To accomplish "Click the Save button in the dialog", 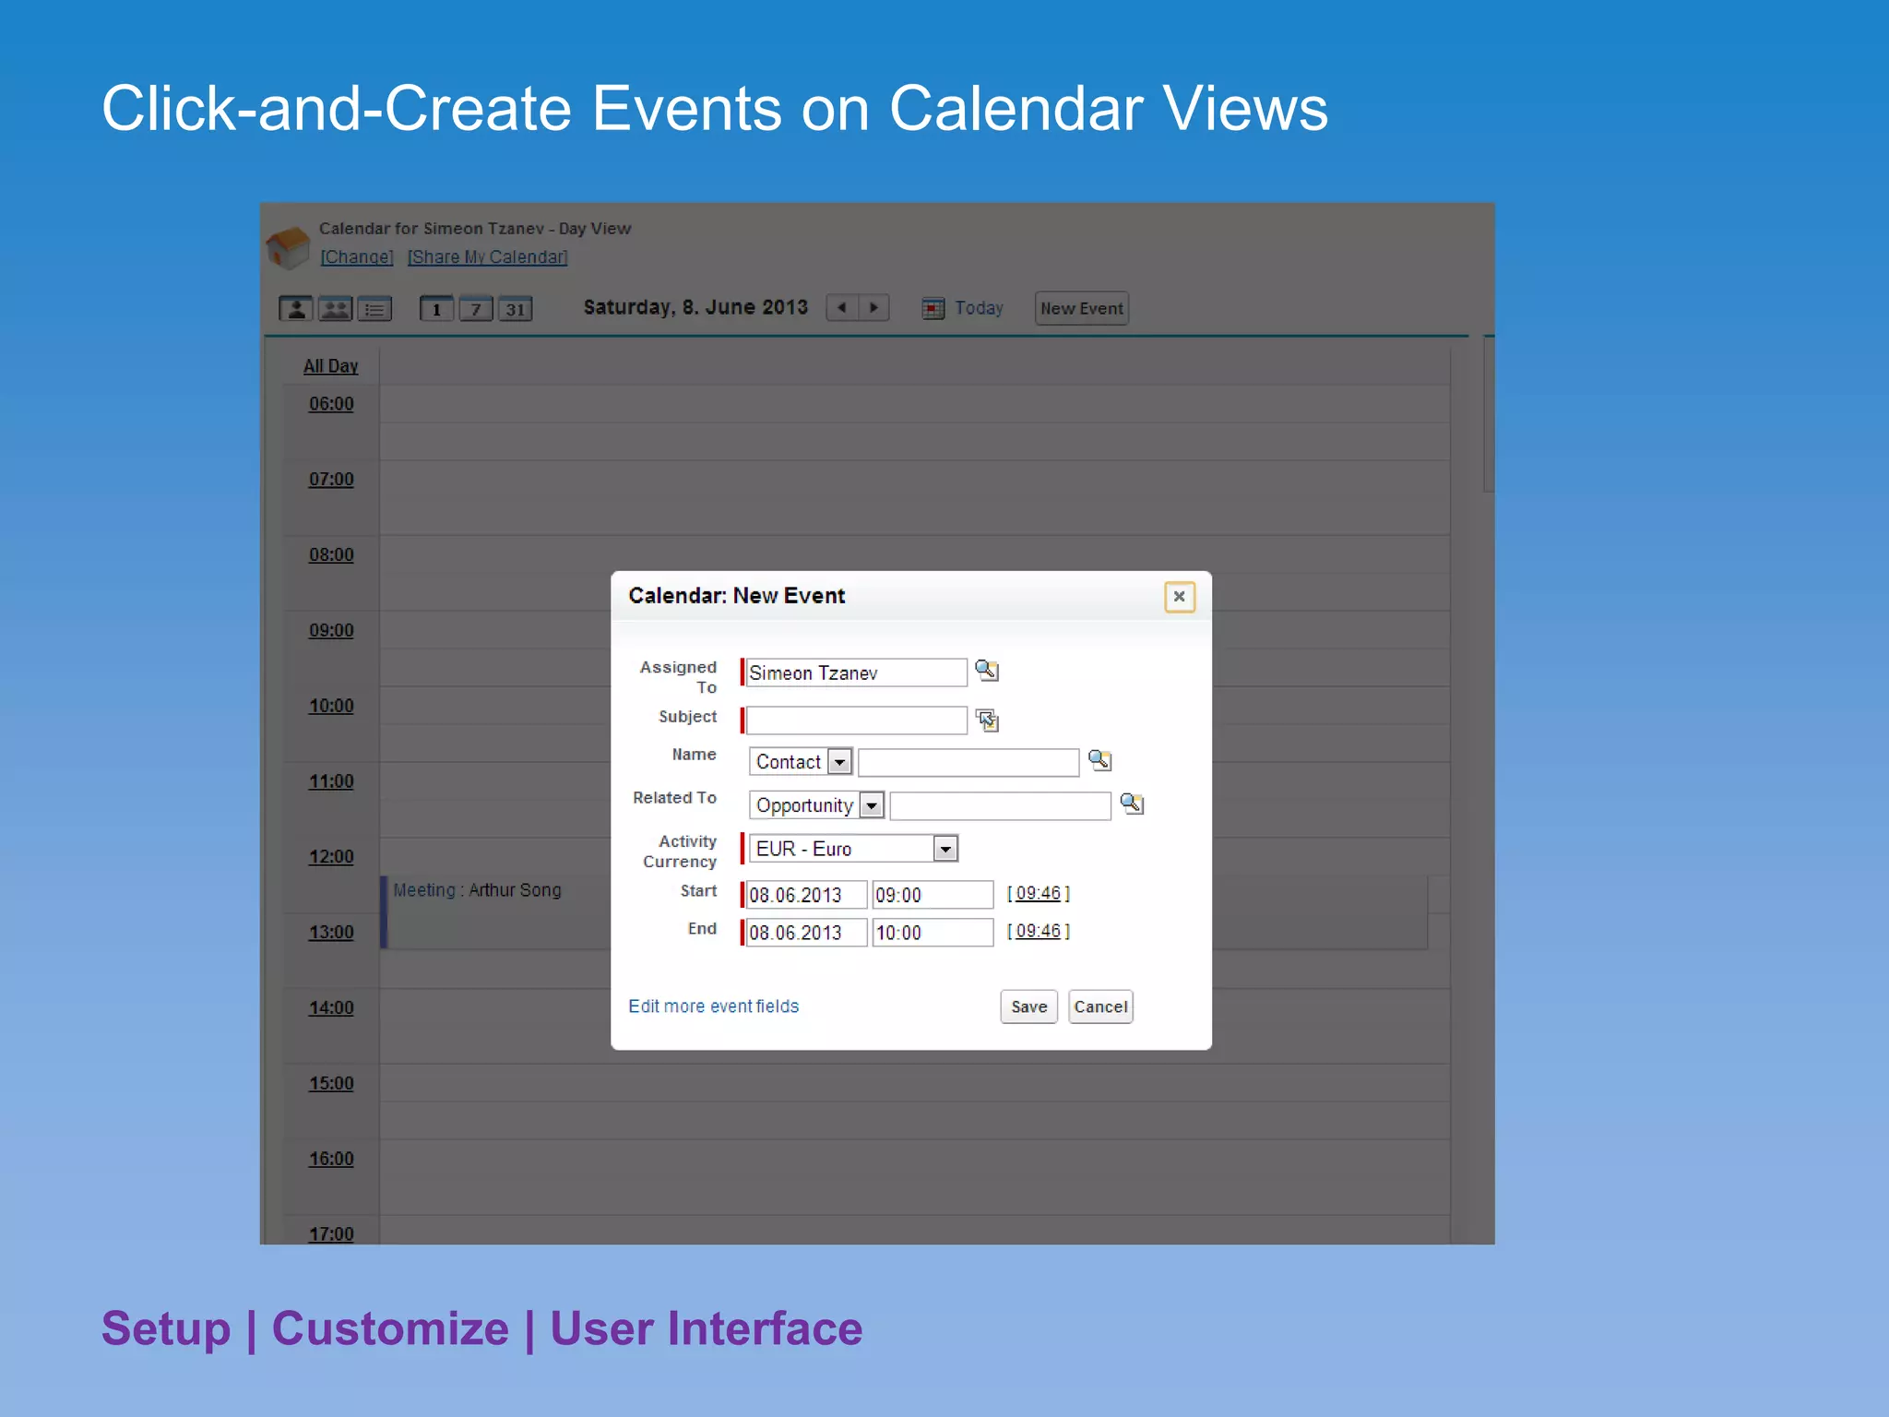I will click(1028, 1006).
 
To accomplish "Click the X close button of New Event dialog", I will click(1179, 597).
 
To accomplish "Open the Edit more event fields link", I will click(713, 1006).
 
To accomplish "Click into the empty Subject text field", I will click(855, 720).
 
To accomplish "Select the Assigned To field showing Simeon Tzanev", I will click(855, 673).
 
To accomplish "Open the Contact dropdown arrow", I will click(839, 762).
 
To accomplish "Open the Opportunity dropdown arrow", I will click(872, 805).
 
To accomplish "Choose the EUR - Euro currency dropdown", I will click(853, 849).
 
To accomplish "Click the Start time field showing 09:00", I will click(932, 895).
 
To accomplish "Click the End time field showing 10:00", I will click(932, 933).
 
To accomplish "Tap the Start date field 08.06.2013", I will click(805, 895).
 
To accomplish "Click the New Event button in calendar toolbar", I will click(1081, 308).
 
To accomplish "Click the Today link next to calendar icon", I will click(978, 308).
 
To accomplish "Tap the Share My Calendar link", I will click(487, 257).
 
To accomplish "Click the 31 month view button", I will click(515, 309).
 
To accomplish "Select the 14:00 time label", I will click(331, 1007).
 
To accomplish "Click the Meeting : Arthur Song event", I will click(477, 890).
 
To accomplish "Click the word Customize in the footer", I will click(390, 1328).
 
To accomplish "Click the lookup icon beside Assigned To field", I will click(986, 671).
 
